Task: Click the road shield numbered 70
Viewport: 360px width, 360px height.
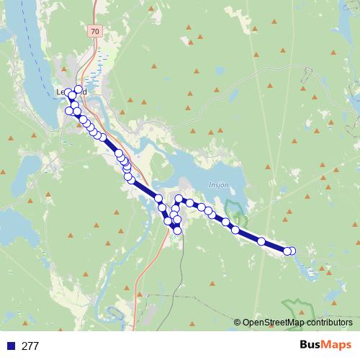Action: pos(95,31)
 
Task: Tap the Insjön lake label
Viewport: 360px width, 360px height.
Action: pos(219,184)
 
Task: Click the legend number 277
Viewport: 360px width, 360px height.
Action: pos(30,346)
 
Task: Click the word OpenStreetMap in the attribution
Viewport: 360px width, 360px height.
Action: pos(273,323)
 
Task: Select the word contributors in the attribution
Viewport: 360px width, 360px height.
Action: pos(330,323)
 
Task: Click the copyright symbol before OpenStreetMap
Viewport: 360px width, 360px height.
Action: pos(238,323)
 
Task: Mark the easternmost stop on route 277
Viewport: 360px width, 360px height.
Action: pos(292,251)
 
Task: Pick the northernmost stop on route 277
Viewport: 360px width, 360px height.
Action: pos(78,89)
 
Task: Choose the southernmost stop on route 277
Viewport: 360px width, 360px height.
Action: pos(178,230)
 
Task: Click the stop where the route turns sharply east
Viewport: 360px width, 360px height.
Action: pos(179,198)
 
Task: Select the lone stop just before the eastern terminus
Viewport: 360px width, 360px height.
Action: pos(262,241)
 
